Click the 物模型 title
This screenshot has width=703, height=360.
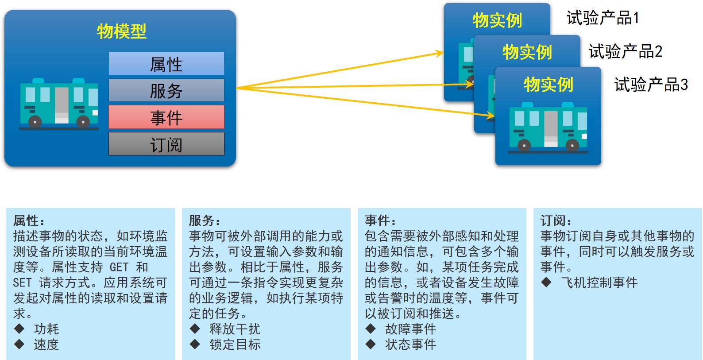pyautogui.click(x=122, y=31)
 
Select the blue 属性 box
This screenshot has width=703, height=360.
pyautogui.click(x=166, y=63)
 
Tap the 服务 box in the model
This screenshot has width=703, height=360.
pyautogui.click(x=166, y=90)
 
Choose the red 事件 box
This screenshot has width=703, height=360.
pyautogui.click(x=166, y=117)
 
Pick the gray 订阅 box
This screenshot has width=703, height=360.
pyautogui.click(x=166, y=144)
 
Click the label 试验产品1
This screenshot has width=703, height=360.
pyautogui.click(x=603, y=18)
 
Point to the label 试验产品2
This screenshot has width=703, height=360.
pyautogui.click(x=626, y=51)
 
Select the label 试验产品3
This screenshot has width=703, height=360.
pyautogui.click(x=651, y=85)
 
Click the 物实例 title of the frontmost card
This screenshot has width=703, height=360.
pyautogui.click(x=548, y=85)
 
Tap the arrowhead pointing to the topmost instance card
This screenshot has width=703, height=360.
pyautogui.click(x=439, y=53)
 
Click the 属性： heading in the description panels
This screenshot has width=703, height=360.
pyautogui.click(x=29, y=221)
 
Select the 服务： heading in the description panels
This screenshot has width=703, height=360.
pyautogui.click(x=205, y=221)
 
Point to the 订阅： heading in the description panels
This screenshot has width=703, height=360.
pyautogui.click(x=556, y=221)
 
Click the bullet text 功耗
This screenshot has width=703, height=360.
pyautogui.click(x=46, y=329)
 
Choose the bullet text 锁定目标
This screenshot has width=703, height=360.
pyautogui.click(x=235, y=345)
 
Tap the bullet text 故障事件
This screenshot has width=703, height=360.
pyautogui.click(x=411, y=329)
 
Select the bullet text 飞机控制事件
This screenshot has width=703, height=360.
pyautogui.click(x=599, y=283)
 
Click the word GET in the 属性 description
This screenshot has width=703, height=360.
pyautogui.click(x=119, y=267)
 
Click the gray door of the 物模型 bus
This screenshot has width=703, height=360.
pyautogui.click(x=62, y=105)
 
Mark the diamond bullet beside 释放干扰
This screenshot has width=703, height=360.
pyautogui.click(x=195, y=329)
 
